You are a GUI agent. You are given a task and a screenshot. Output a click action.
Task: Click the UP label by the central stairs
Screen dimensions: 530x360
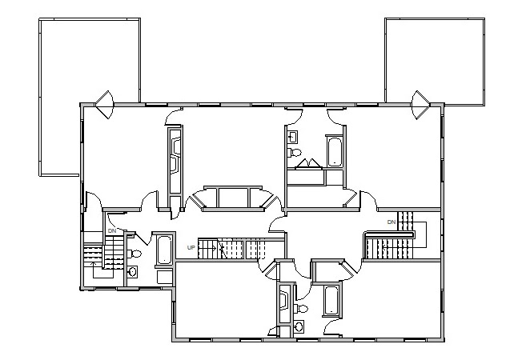pyautogui.click(x=191, y=247)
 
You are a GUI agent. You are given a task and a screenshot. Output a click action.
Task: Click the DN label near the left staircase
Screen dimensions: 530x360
pyautogui.click(x=112, y=231)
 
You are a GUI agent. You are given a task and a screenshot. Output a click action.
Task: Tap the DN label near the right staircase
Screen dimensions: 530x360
pyautogui.click(x=391, y=222)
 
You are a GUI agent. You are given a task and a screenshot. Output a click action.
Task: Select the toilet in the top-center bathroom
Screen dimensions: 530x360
pyautogui.click(x=295, y=153)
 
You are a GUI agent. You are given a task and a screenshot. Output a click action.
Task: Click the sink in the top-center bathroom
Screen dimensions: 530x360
pyautogui.click(x=292, y=137)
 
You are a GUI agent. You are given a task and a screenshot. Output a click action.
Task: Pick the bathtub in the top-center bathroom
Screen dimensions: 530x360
pyautogui.click(x=335, y=152)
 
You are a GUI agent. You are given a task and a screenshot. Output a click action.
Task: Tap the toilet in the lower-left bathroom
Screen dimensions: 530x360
pyautogui.click(x=135, y=254)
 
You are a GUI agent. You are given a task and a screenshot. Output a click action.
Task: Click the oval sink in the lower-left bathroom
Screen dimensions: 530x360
pyautogui.click(x=133, y=271)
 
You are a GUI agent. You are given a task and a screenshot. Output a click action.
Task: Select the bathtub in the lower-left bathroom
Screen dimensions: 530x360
pyautogui.click(x=164, y=250)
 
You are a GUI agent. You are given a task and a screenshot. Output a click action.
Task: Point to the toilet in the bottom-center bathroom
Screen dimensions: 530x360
pyautogui.click(x=301, y=309)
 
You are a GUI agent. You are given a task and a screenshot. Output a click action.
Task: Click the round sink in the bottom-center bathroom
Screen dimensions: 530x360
pyautogui.click(x=299, y=326)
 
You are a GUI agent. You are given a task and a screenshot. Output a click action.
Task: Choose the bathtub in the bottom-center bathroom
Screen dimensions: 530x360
pyautogui.click(x=331, y=301)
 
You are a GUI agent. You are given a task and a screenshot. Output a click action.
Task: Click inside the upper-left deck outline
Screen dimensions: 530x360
pyautogui.click(x=89, y=61)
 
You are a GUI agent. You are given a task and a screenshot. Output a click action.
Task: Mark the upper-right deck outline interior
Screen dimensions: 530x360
pyautogui.click(x=435, y=61)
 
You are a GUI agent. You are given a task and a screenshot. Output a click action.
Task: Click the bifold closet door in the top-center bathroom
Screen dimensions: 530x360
pyautogui.click(x=308, y=162)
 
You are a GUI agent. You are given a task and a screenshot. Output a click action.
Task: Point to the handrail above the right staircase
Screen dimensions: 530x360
pyautogui.click(x=389, y=234)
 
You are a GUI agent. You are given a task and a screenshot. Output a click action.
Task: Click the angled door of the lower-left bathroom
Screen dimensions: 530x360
pyautogui.click(x=143, y=238)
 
